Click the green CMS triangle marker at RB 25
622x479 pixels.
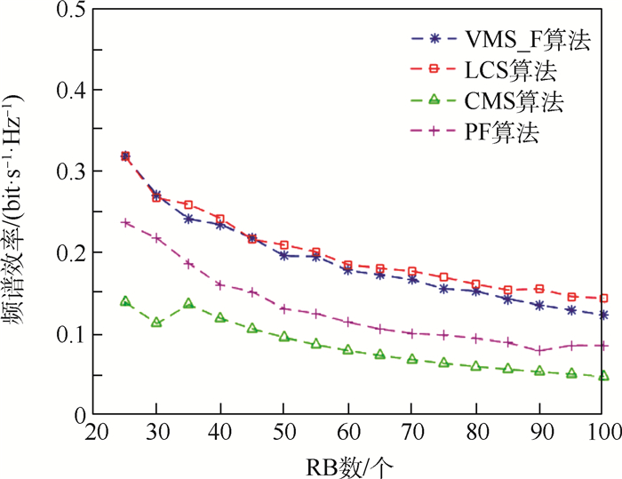125,302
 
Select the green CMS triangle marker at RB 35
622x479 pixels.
188,304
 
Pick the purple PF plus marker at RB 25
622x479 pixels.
125,222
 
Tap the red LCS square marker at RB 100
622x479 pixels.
604,299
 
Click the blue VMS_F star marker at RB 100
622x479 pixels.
604,315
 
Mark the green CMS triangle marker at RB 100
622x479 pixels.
604,376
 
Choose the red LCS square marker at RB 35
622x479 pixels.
188,205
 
